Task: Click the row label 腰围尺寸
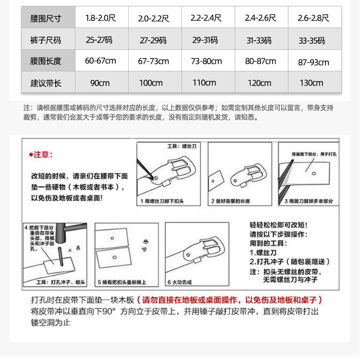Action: (46, 19)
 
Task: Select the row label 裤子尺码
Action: (46, 40)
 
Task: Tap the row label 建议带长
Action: (46, 83)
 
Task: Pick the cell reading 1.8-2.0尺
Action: (100, 19)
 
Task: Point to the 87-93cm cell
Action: (313, 62)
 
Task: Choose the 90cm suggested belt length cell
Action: (100, 83)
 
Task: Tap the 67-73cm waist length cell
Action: (153, 61)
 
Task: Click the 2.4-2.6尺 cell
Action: (260, 19)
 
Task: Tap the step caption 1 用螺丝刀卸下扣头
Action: (162, 201)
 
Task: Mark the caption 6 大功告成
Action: (180, 282)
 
